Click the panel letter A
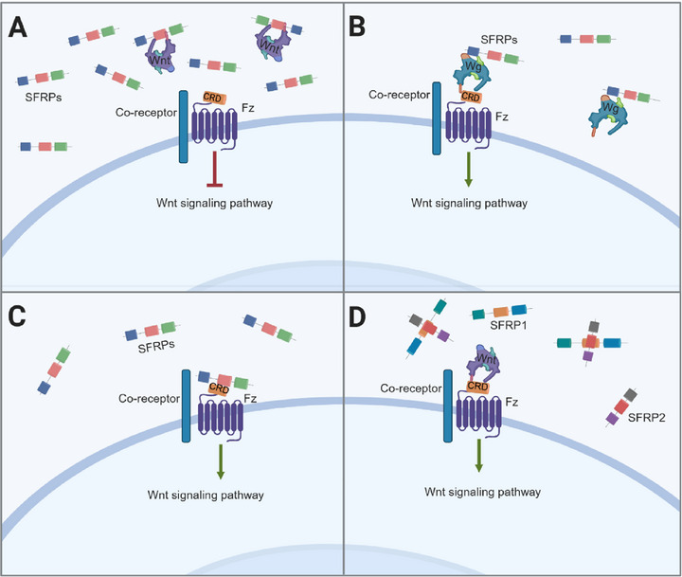pos(18,27)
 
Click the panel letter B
pos(357,27)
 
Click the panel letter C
pos(17,316)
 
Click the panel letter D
pos(357,316)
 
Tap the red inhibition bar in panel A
pos(214,169)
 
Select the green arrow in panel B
pos(469,170)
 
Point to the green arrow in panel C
pos(221,461)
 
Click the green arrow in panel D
pos(479,455)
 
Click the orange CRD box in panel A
pos(214,98)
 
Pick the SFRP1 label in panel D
pos(508,325)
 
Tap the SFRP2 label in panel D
pos(646,418)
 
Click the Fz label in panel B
pos(501,117)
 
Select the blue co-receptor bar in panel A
pos(184,127)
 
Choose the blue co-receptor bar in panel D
pos(447,406)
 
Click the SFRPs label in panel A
pos(43,97)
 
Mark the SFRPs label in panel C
pos(156,347)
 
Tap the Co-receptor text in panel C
pos(150,399)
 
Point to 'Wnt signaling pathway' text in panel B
pos(469,203)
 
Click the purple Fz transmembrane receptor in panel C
pos(220,419)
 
